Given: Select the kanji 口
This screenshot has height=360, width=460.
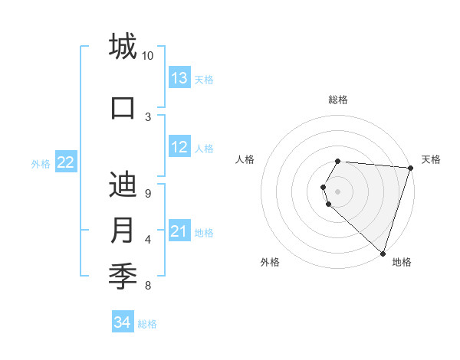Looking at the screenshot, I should point(123,107).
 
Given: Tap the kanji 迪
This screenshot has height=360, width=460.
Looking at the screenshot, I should point(123,185).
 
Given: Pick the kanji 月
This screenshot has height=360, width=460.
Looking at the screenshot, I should point(123,231).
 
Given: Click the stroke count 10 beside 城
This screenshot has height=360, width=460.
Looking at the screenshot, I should point(148,56).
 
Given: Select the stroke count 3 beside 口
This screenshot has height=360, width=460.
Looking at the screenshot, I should point(148,116).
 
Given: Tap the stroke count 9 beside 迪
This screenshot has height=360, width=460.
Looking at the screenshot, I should point(148,194).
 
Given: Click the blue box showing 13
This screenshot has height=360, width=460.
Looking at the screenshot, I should point(179,78).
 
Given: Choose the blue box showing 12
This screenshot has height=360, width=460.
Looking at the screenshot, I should point(179,147).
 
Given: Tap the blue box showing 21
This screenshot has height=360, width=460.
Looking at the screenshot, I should point(179,231).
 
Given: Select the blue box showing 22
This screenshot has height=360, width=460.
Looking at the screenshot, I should point(66,162).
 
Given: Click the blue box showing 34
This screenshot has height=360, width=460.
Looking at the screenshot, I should point(122,322).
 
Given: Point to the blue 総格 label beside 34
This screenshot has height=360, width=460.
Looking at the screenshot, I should point(147,324).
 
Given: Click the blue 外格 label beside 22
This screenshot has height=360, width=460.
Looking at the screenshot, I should point(41,163).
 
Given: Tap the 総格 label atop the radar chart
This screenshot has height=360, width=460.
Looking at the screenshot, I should point(338,100).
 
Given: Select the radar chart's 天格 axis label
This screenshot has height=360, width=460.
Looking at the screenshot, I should point(431,159).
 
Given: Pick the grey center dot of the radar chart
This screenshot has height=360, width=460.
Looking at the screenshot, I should point(338,191).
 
